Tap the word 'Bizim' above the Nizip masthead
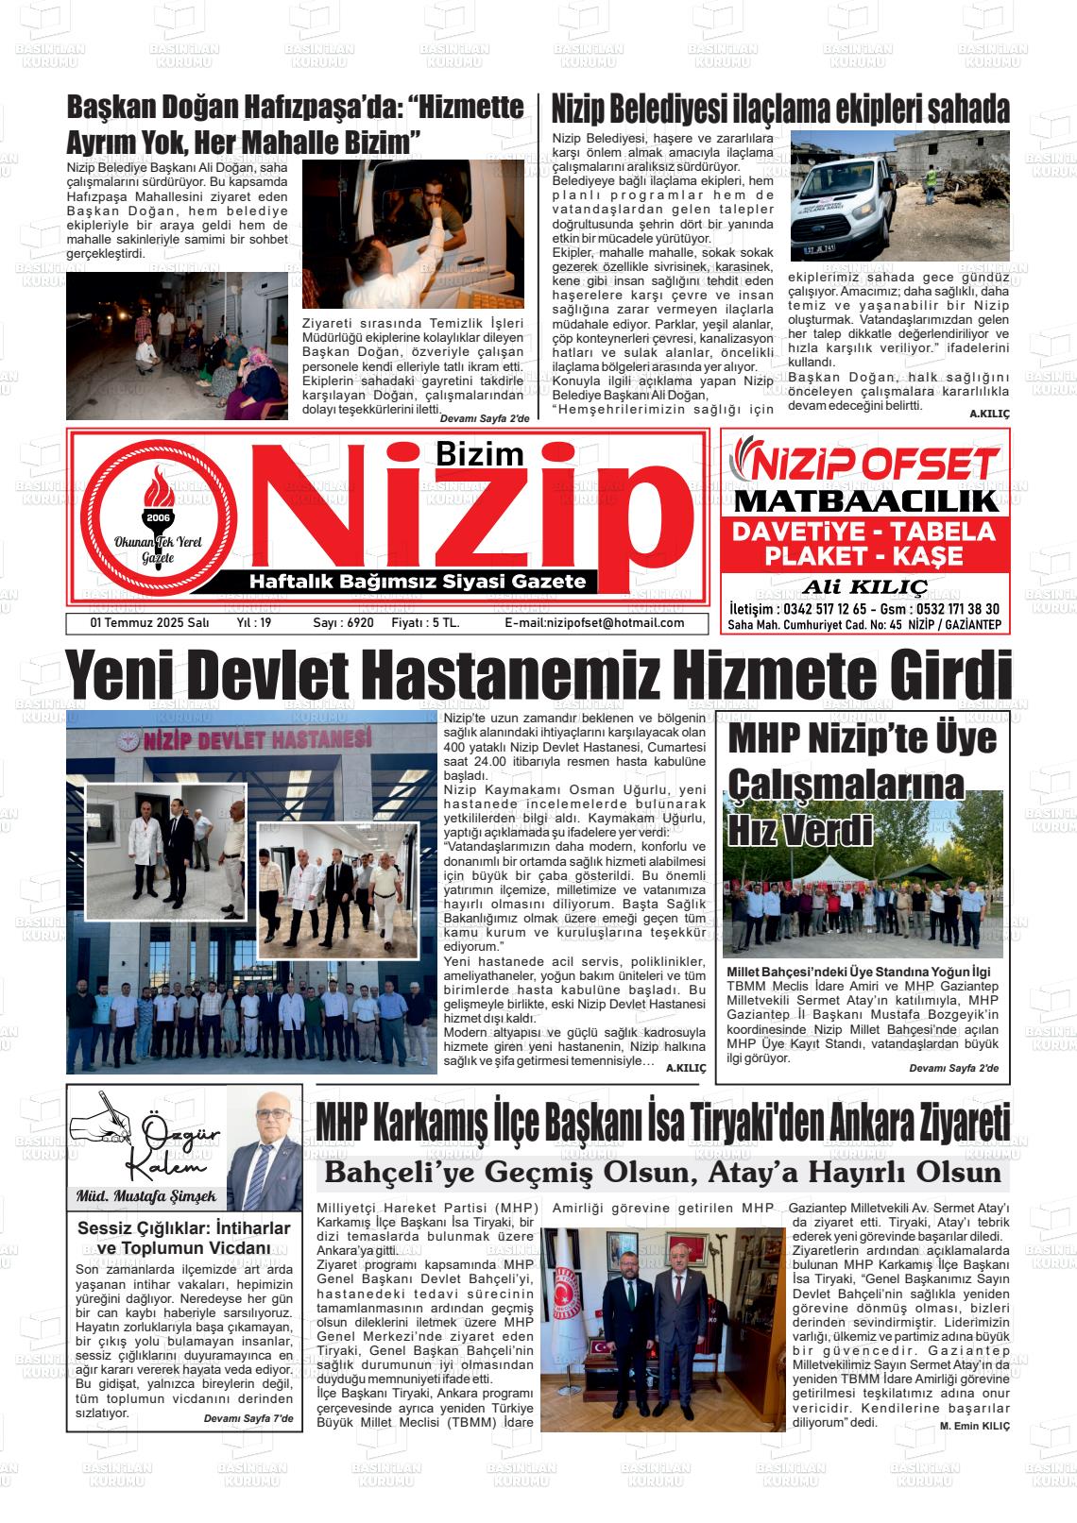coord(479,454)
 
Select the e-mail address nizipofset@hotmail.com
coord(594,623)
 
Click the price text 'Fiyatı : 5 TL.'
coord(425,623)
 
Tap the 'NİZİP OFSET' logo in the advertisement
coord(864,465)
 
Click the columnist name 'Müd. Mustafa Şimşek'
coord(145,1197)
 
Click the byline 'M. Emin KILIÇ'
coord(974,1426)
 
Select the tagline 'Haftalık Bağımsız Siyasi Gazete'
coord(417,582)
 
